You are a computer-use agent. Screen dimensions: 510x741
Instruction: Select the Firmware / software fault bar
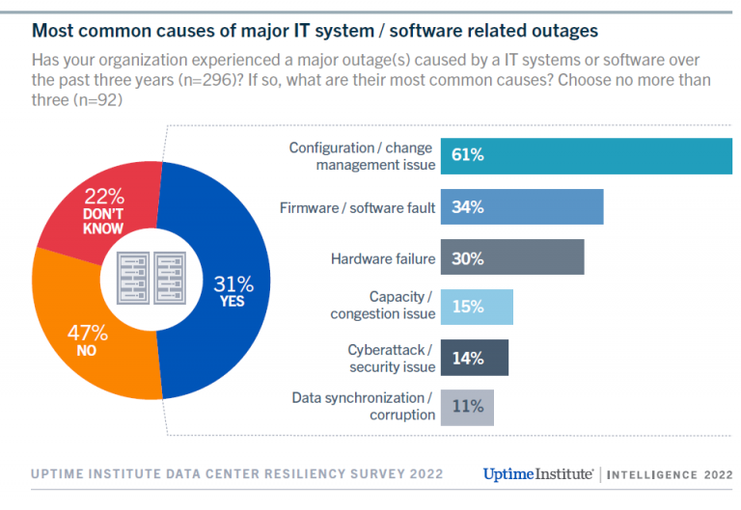pyautogui.click(x=522, y=207)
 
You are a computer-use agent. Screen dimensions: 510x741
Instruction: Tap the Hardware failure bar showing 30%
pyautogui.click(x=512, y=258)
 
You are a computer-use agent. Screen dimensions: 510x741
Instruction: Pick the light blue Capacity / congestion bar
pyautogui.click(x=477, y=306)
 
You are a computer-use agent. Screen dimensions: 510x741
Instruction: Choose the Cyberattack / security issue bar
pyautogui.click(x=474, y=357)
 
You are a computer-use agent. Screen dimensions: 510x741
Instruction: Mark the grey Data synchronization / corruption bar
pyautogui.click(x=467, y=407)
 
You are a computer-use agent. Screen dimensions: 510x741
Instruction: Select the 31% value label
pyautogui.click(x=233, y=284)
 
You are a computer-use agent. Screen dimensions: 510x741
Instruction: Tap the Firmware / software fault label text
pyautogui.click(x=357, y=207)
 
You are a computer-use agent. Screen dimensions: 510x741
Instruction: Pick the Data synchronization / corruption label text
pyautogui.click(x=363, y=406)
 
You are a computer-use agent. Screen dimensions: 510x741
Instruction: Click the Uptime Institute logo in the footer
pyautogui.click(x=538, y=473)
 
